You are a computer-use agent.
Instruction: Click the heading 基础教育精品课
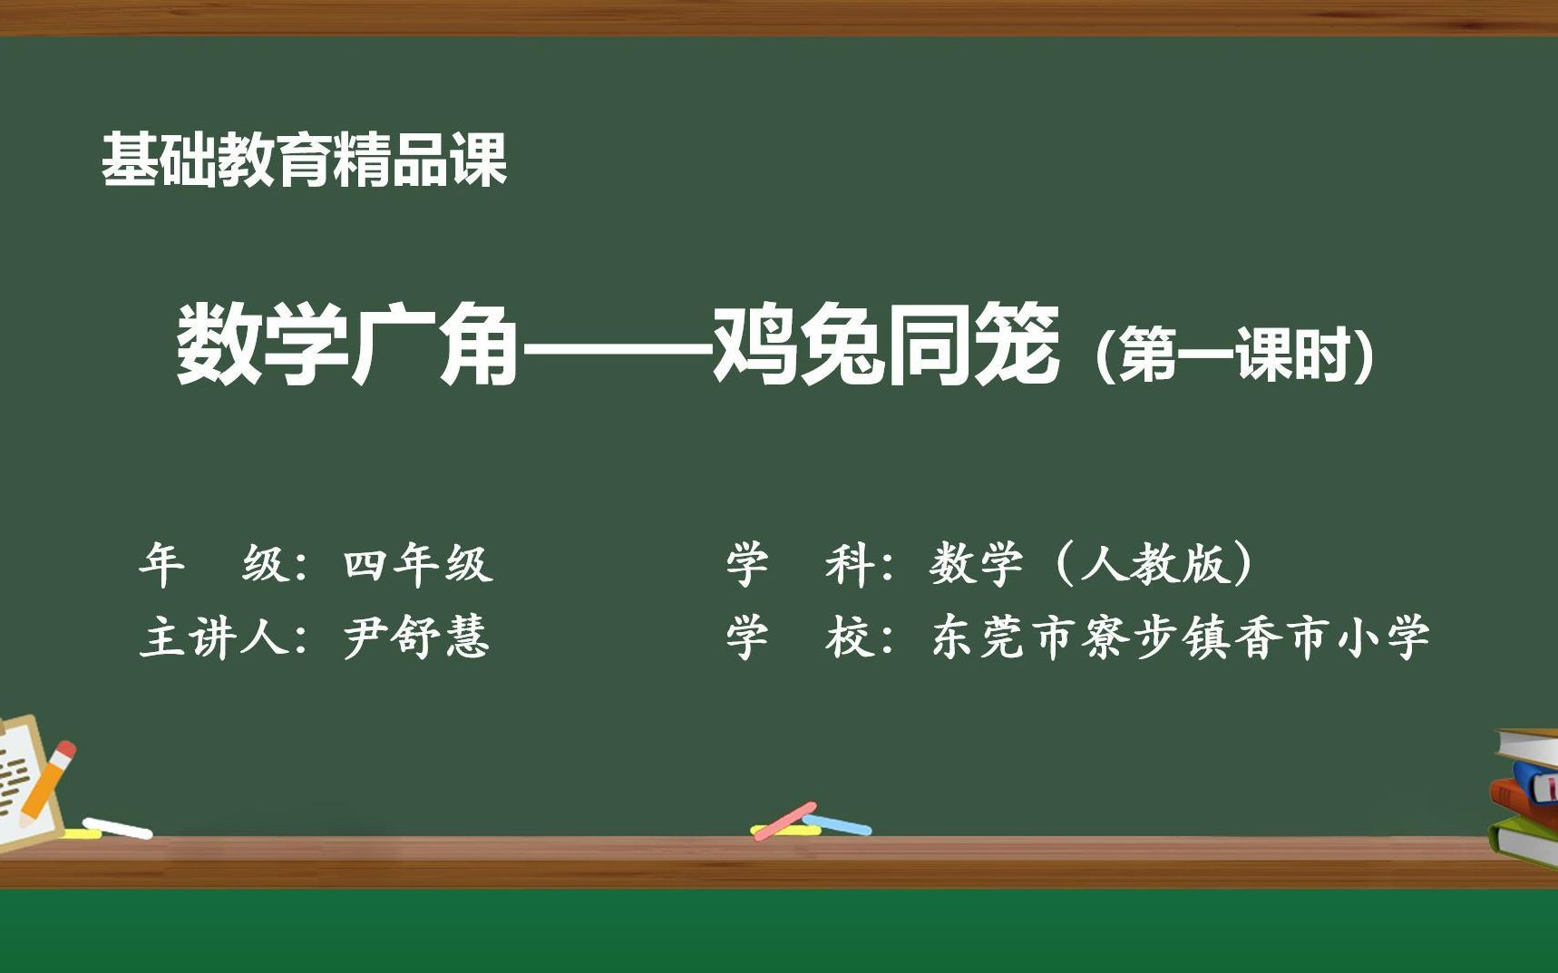point(304,161)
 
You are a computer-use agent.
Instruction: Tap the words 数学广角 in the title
point(346,345)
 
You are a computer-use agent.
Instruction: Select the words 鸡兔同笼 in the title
point(885,345)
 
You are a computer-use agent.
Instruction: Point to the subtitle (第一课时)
point(1234,354)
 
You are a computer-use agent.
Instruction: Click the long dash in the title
point(615,347)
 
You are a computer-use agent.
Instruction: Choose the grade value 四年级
point(418,564)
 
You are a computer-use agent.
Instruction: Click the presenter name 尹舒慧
point(416,637)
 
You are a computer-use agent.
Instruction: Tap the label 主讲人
point(213,637)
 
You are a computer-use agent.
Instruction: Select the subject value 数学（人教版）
point(1093,564)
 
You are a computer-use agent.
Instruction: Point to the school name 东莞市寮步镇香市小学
point(1180,637)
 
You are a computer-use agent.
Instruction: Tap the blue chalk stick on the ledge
point(837,824)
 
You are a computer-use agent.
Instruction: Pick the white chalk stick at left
point(118,829)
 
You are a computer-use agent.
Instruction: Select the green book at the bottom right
point(1525,842)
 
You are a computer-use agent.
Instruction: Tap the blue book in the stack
point(1536,783)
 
